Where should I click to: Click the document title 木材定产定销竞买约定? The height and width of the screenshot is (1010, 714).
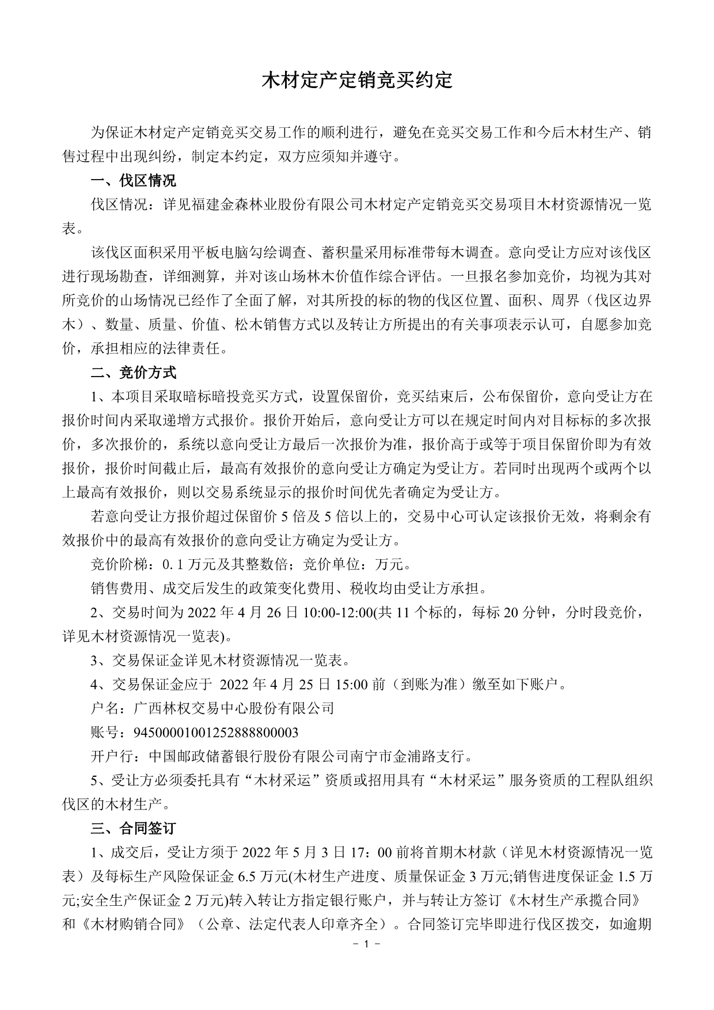(357, 81)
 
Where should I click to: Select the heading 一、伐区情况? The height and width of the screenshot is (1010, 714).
(134, 181)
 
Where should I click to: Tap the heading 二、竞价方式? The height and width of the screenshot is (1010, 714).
(134, 373)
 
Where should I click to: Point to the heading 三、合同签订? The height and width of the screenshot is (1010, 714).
(134, 829)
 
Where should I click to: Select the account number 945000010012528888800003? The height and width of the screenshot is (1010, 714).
(216, 732)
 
